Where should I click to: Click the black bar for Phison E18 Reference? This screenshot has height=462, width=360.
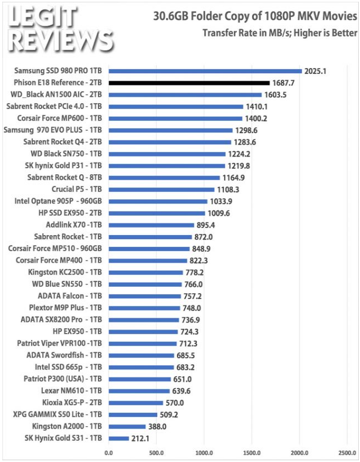coord(189,83)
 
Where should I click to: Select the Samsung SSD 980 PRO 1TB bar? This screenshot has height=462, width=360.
coord(205,72)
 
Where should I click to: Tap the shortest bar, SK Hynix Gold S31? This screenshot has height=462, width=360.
coord(118,439)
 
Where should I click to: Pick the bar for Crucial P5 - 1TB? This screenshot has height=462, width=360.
coord(161,190)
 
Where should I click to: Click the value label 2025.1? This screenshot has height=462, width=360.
coord(315,72)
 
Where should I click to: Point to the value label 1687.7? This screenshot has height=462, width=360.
coord(283,83)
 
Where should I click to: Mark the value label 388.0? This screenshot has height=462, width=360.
coord(157,427)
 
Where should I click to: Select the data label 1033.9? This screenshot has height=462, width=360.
coord(221,202)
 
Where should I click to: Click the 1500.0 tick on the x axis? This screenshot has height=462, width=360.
coord(252,453)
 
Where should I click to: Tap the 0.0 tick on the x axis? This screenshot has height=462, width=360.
coord(108,453)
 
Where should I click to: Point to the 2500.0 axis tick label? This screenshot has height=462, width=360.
coord(347,453)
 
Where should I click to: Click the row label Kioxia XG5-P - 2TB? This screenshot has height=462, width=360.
coord(72,402)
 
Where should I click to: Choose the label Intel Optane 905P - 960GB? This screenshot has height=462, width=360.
coord(58,201)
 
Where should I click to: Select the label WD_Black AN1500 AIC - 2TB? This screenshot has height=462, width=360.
coord(56,94)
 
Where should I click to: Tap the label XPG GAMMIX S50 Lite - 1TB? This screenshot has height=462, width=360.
coord(57,415)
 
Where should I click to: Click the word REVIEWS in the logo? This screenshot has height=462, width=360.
coord(61,41)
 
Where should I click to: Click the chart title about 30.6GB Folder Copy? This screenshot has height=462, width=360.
coord(255,16)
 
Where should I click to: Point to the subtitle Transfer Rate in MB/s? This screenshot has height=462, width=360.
coord(280,33)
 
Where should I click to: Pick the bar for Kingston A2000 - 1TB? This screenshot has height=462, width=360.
coord(127,427)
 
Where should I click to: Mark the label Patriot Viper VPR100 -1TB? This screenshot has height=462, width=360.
coord(59,343)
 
